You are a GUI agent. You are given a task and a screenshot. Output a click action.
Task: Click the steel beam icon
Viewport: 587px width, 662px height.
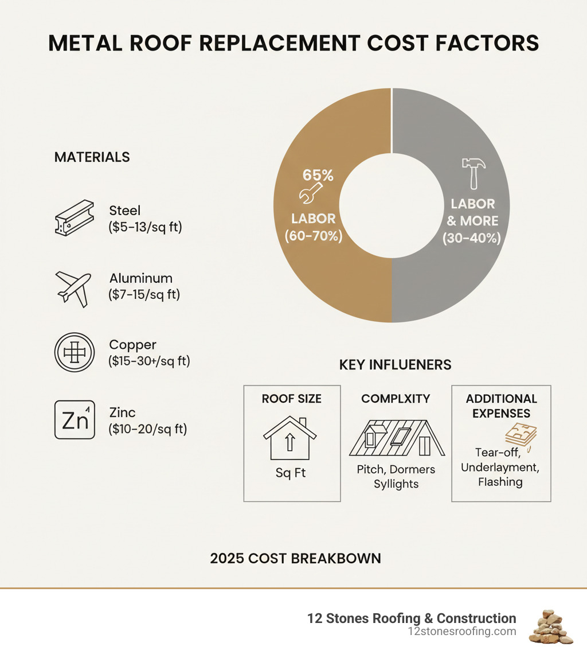73,218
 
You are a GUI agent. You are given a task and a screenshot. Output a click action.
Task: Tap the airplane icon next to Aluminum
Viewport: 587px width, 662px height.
73,287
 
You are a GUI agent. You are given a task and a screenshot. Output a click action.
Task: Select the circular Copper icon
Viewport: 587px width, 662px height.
73,353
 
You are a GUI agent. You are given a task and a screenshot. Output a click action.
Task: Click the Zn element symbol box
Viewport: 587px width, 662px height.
74,420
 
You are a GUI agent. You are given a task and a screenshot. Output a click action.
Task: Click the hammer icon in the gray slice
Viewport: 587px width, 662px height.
473,173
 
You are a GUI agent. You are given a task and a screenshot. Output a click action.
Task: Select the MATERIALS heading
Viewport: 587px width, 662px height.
92,157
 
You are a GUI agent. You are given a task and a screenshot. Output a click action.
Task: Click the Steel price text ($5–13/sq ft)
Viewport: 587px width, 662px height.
145,227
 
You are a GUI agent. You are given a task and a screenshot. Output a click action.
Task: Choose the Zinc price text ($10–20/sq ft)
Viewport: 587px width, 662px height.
147,429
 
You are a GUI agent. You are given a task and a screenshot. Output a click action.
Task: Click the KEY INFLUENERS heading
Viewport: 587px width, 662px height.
395,365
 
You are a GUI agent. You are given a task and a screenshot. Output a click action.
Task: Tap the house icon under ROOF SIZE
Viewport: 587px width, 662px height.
291,440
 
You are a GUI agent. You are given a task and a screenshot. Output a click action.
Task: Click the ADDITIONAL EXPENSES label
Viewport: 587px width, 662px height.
501,406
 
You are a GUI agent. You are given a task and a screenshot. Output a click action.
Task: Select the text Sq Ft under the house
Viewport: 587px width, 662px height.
291,474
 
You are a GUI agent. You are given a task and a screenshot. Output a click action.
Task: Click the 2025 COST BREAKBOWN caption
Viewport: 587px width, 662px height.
295,558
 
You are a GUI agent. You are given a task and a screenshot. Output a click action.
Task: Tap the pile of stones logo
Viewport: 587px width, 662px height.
550,626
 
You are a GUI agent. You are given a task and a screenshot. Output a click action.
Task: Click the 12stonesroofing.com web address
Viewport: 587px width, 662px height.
461,632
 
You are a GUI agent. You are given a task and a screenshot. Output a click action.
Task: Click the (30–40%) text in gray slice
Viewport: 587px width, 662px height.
472,237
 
